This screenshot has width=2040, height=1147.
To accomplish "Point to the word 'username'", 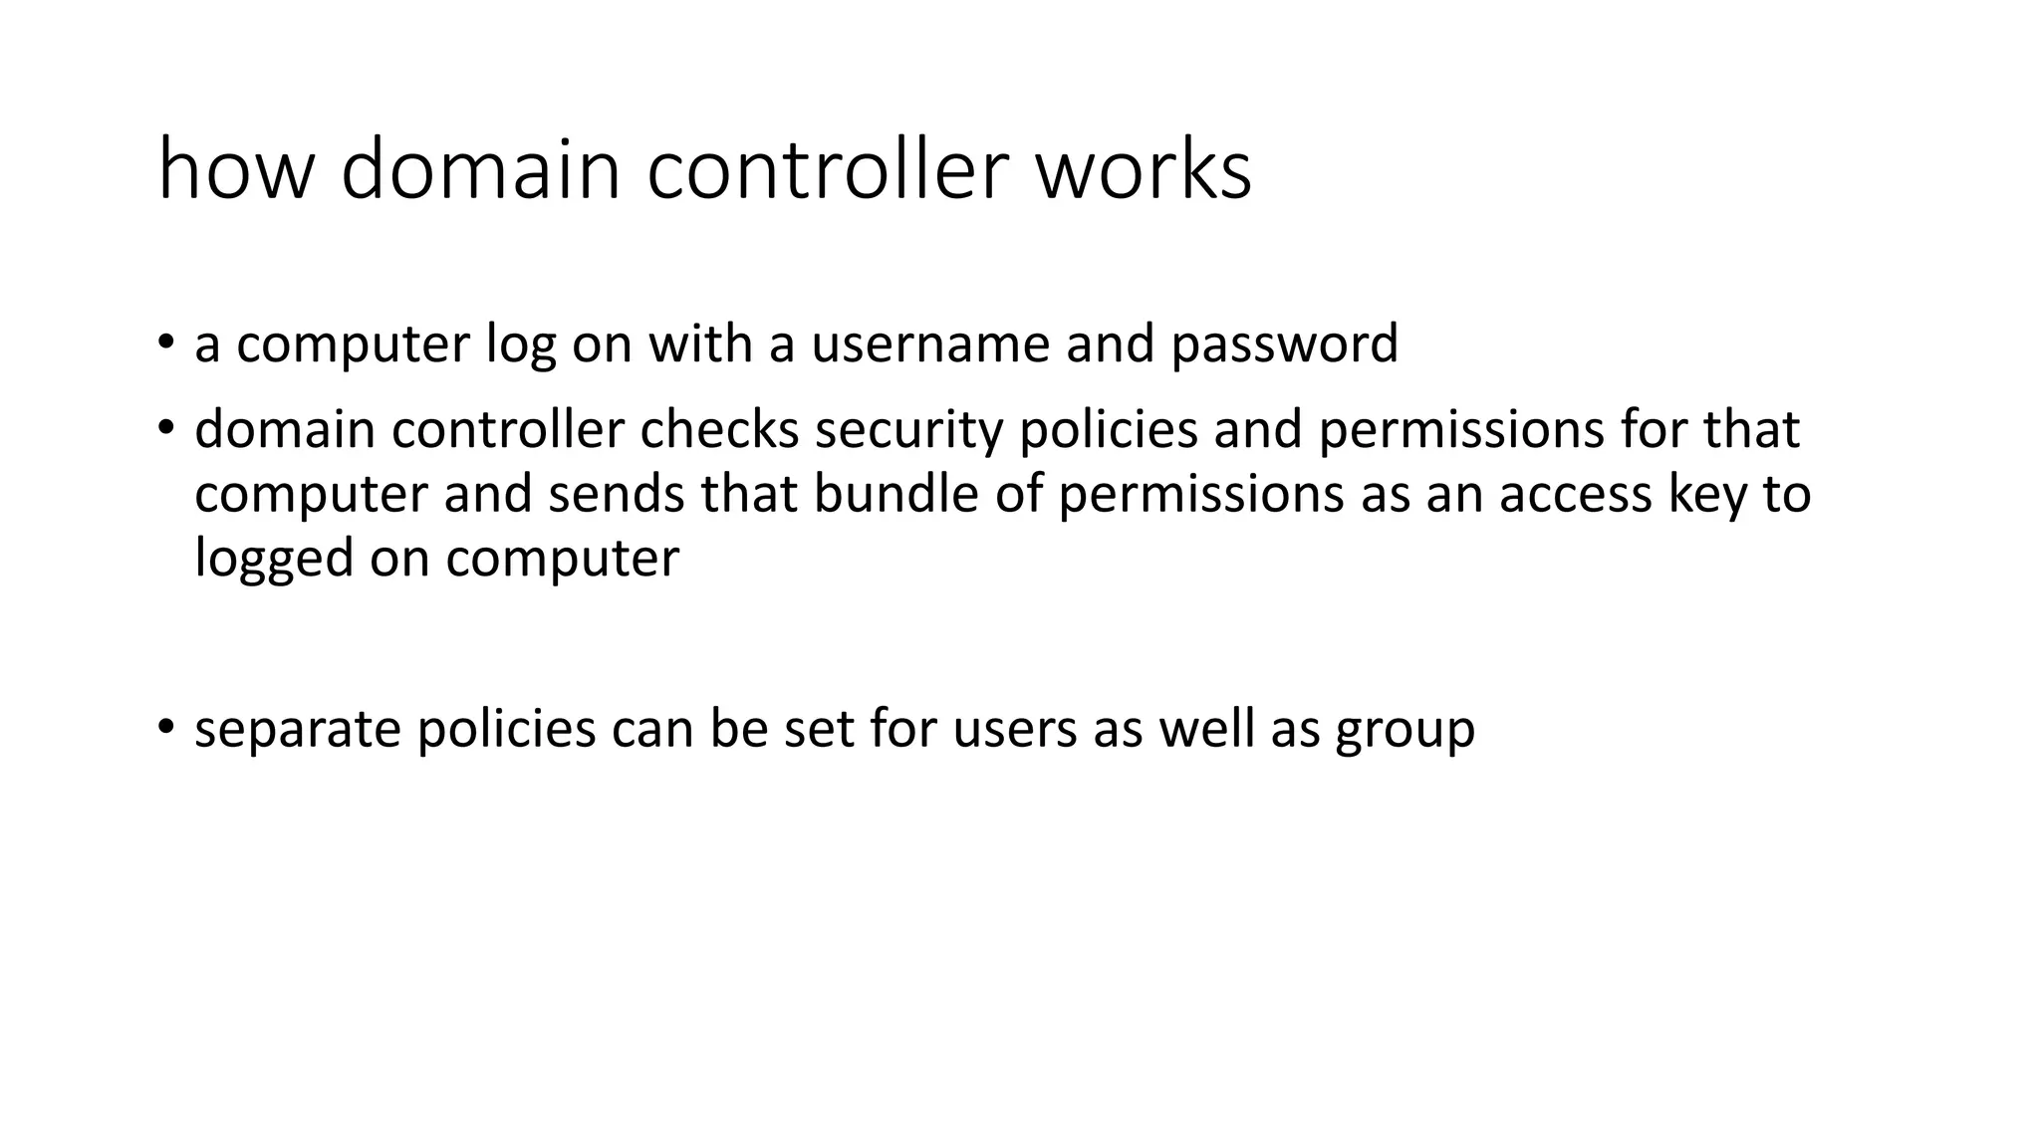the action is tap(930, 344).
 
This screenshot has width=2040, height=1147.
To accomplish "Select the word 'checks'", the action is tap(719, 430).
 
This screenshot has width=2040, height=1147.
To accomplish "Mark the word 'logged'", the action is tap(274, 559).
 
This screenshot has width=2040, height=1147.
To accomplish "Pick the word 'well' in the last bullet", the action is tap(1206, 728).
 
